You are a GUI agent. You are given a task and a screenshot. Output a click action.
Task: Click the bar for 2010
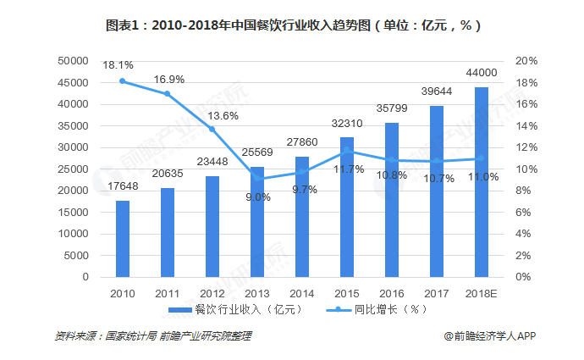click(123, 239)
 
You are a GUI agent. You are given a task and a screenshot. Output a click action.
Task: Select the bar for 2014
click(302, 217)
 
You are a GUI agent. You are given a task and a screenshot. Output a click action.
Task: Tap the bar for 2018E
click(482, 182)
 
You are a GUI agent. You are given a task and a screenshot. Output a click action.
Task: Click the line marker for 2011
click(168, 94)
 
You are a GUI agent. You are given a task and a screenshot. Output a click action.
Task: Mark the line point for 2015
click(347, 151)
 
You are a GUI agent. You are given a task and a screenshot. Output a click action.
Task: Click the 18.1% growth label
click(118, 64)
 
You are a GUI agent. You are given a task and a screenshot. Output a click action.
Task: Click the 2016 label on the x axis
click(392, 292)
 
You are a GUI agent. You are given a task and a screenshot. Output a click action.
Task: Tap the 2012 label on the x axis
click(212, 292)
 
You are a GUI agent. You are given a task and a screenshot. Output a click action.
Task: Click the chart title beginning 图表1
click(293, 25)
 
